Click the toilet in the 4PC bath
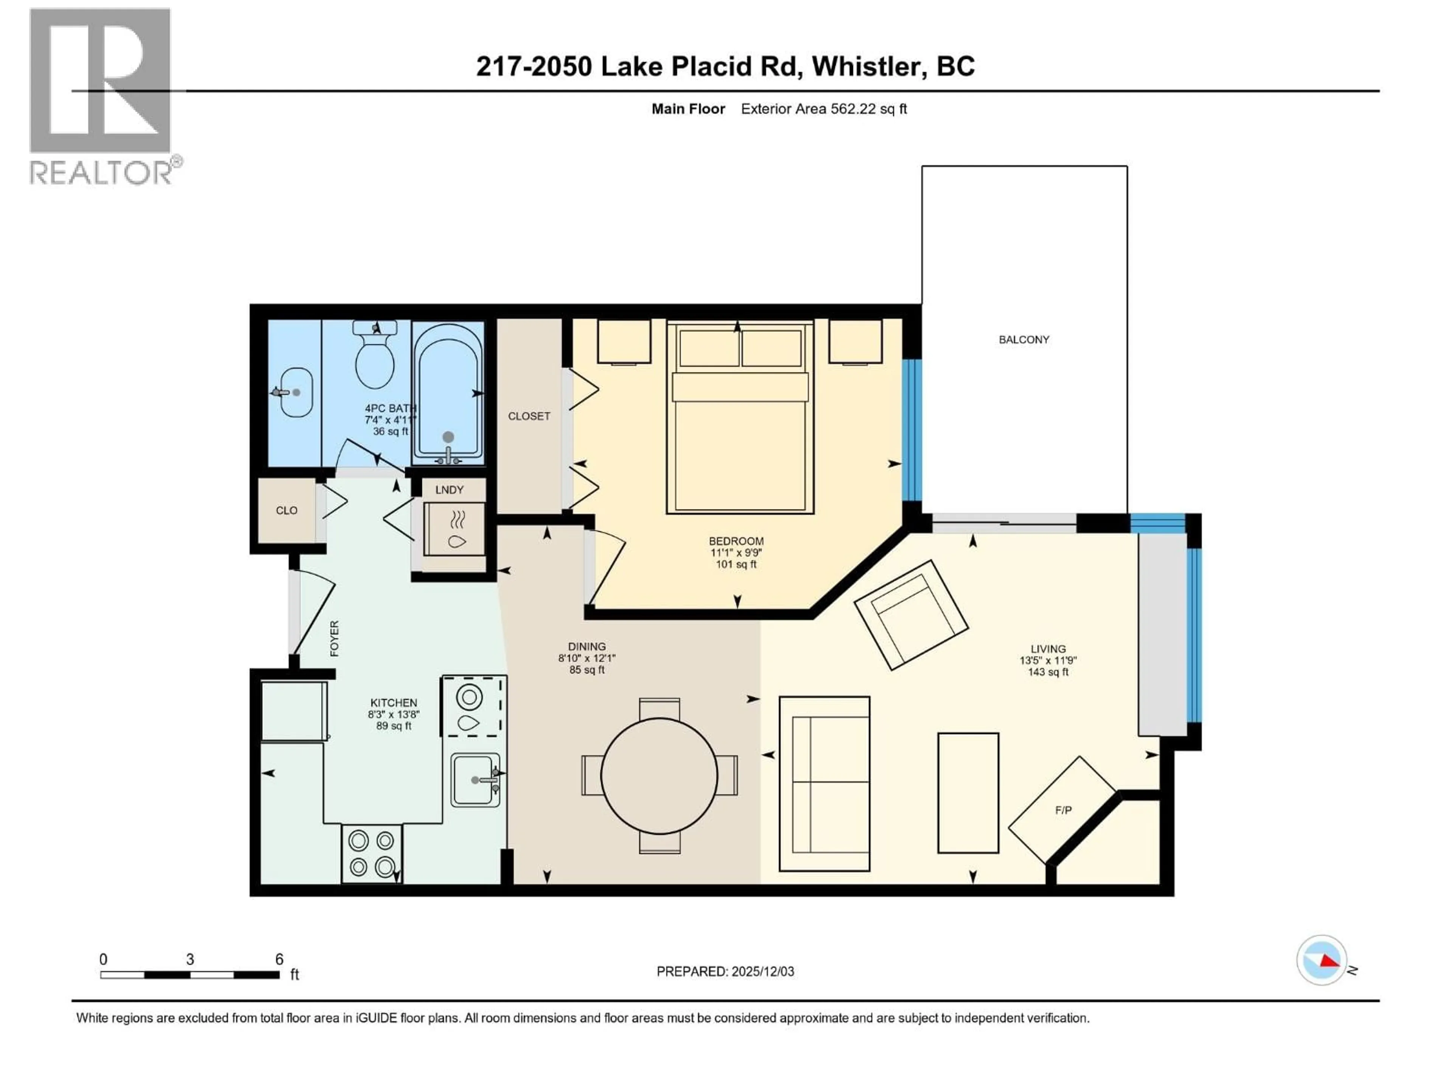tap(375, 358)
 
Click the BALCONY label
tap(1023, 340)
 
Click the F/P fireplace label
tap(1063, 810)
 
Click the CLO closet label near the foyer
tap(286, 510)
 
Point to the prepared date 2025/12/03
tap(762, 971)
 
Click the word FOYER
tap(335, 638)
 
